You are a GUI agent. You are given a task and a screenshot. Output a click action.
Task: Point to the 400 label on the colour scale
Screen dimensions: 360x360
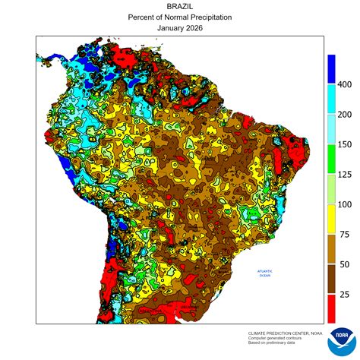point(344,84)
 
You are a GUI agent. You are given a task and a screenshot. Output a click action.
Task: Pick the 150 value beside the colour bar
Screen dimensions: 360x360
point(344,144)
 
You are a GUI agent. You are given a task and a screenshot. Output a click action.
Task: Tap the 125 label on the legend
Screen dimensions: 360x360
point(344,174)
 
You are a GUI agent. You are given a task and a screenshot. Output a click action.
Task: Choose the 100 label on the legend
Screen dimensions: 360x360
point(344,204)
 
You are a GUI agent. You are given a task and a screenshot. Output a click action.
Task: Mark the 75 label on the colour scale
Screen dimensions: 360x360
point(343,234)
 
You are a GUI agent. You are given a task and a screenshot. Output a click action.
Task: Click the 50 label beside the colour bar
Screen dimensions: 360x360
point(343,264)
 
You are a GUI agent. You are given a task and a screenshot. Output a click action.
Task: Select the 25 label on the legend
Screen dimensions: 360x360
point(343,294)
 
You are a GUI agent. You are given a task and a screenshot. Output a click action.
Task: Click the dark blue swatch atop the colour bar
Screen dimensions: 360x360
point(331,68)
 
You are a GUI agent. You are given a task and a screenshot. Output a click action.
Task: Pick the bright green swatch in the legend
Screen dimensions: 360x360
point(331,159)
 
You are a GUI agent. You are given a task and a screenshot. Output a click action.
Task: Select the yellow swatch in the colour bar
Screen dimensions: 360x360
point(331,219)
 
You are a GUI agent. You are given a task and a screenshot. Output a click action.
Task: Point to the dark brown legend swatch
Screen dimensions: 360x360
point(331,279)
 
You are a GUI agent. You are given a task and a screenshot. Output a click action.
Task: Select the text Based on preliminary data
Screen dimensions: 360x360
point(273,343)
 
